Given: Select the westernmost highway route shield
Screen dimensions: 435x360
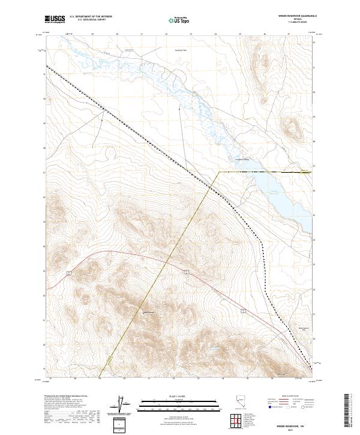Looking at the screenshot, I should tap(70, 273).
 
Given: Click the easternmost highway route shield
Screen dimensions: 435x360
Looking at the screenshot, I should tap(244, 310).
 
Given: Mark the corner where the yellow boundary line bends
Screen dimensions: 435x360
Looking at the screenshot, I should tap(218, 172).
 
